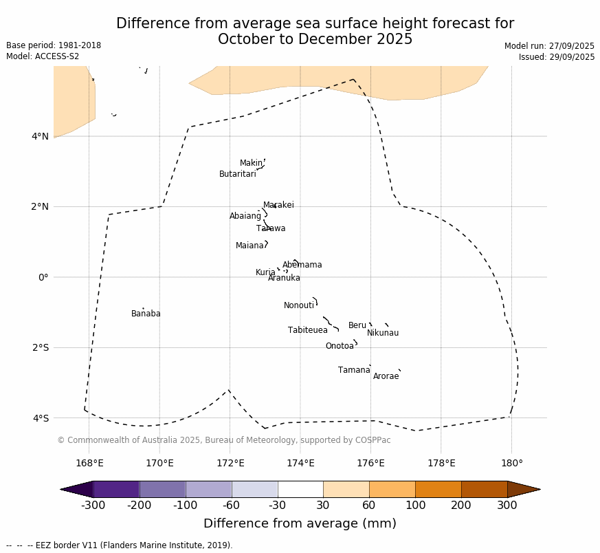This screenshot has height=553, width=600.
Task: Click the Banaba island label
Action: [146, 314]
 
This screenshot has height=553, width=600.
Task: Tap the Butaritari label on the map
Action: [237, 175]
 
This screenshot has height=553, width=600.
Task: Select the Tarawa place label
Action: [271, 229]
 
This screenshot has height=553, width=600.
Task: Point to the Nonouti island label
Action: [299, 306]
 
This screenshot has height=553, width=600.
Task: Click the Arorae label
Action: [386, 377]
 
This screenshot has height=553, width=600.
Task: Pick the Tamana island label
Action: [354, 371]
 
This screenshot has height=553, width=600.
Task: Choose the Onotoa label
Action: [340, 347]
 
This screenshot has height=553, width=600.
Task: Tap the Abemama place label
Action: [302, 265]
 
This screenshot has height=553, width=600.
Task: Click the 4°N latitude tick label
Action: [40, 136]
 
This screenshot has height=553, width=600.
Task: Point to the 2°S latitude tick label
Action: [40, 347]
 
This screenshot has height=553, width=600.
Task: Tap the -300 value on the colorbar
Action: [93, 506]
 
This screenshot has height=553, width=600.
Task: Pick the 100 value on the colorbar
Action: [415, 506]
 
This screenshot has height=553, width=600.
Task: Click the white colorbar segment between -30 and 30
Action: [300, 489]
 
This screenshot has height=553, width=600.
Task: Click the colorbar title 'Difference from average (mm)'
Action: [300, 524]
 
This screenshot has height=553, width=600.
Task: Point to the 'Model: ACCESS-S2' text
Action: [43, 56]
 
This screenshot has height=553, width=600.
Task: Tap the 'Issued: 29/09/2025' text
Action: [557, 57]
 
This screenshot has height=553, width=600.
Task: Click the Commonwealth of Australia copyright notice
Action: [223, 440]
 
